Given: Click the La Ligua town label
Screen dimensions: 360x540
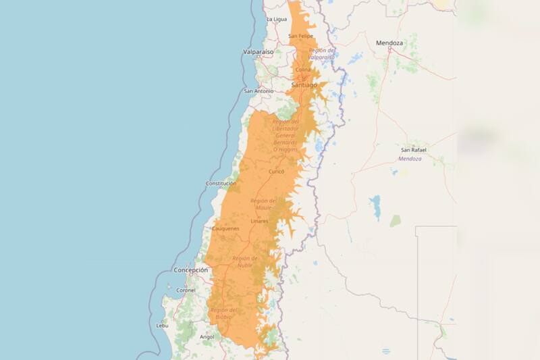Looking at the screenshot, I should [277, 20].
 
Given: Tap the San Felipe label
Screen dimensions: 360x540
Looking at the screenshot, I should [300, 36].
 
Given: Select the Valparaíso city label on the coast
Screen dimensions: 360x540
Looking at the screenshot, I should [259, 51].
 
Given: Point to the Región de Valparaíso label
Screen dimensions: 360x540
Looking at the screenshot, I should [322, 53].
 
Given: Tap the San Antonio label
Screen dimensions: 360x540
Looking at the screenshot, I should [259, 91].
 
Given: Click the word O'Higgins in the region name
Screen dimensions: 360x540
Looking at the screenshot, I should [284, 149].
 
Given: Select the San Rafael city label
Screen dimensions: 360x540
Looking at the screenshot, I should [414, 149].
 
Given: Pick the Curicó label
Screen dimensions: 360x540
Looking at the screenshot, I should [277, 172].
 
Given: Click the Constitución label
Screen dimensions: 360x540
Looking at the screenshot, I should [221, 183].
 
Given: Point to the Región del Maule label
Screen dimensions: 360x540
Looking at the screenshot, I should [263, 204].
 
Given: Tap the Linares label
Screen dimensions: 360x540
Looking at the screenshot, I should [259, 221].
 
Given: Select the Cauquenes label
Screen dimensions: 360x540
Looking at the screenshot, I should [225, 228].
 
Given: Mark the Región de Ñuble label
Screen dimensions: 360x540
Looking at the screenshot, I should [244, 261].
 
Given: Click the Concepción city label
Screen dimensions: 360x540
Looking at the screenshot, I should [190, 269].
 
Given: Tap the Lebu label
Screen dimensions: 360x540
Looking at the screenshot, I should [162, 325].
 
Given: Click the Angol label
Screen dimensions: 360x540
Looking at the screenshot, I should [207, 336].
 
